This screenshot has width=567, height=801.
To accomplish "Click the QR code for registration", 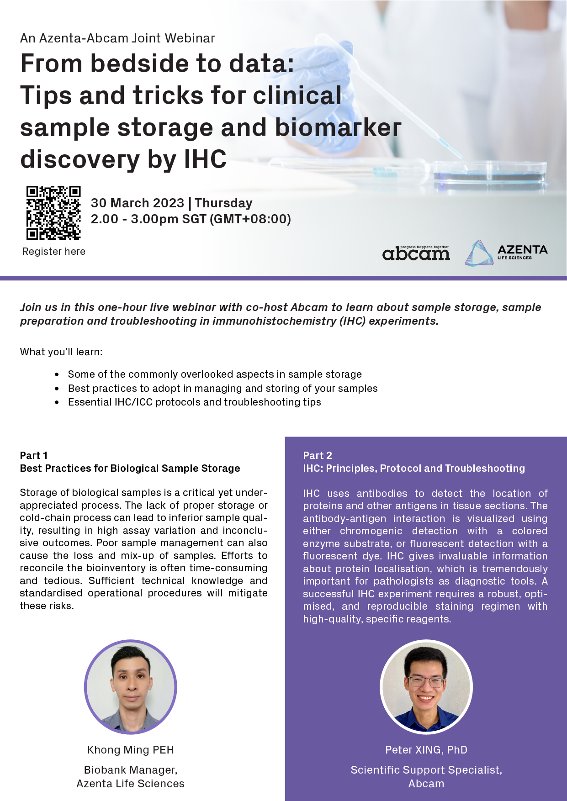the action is (53, 212).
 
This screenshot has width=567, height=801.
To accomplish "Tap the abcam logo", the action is (416, 253).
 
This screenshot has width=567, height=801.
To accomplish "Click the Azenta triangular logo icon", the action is (479, 253).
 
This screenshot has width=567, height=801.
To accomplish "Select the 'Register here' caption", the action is (54, 252).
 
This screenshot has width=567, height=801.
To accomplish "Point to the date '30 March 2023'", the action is (138, 203).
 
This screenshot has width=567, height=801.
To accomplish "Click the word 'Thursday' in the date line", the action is (224, 203).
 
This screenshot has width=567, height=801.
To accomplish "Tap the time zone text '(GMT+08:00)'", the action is (250, 219).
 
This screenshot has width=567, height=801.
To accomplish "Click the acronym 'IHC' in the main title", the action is (205, 159).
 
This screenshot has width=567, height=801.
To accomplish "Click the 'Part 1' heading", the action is (34, 455).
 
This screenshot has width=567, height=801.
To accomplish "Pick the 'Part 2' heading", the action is (318, 455).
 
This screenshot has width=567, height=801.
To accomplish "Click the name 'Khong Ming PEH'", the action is (131, 750).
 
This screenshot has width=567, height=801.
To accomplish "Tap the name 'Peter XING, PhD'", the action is (426, 750).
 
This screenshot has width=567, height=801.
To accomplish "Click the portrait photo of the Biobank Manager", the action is (130, 687).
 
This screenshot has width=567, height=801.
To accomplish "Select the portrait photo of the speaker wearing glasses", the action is (426, 687).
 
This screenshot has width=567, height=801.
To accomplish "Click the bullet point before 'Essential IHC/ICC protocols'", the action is (57, 402).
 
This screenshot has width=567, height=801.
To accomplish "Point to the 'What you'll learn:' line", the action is (61, 352).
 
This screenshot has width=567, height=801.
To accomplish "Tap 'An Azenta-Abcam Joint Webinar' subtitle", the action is (117, 38).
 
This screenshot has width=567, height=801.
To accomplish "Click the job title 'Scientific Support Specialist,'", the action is (426, 770).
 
